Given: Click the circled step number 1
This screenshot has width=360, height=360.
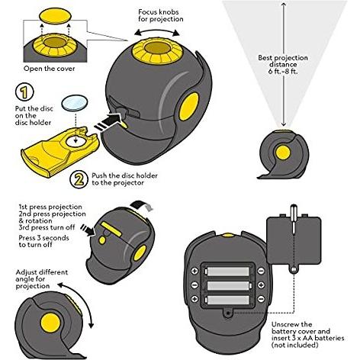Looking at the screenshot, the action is (24, 92).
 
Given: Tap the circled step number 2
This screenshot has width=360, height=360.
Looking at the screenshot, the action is (79, 179).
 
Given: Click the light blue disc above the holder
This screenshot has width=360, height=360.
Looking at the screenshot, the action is (75, 103).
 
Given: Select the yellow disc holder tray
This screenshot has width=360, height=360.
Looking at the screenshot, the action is (59, 151).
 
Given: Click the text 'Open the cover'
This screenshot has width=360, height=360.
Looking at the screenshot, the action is (50, 69).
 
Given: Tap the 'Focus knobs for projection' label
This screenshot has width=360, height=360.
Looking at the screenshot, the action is (161, 15).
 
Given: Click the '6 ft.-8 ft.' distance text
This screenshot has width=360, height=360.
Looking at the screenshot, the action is (283, 71).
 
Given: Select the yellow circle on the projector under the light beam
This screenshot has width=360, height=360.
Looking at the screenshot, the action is (283, 153).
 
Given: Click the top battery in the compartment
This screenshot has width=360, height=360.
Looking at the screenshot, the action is (227, 272).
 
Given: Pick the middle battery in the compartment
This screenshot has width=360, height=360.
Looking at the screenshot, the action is (229, 285).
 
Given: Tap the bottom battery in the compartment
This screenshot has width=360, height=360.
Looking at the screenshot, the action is (227, 300).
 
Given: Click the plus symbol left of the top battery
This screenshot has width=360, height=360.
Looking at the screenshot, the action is (194, 271).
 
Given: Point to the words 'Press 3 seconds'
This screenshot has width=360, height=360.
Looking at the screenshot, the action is (43, 238).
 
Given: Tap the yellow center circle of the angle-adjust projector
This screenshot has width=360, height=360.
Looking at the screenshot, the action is (50, 323).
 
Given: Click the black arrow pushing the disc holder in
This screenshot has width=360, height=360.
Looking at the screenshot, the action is (108, 122).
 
